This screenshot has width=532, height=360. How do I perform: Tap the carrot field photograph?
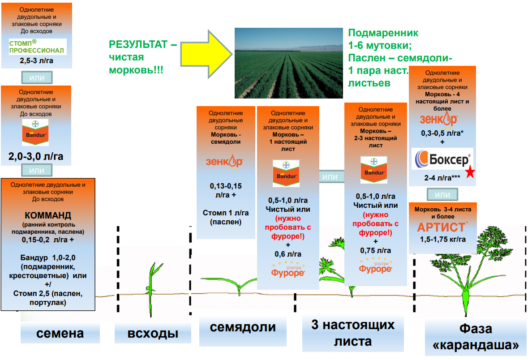(289, 63)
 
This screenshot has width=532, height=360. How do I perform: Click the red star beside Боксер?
(470, 171)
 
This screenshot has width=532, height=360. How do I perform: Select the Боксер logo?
(442, 159)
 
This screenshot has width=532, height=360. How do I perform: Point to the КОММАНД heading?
(48, 215)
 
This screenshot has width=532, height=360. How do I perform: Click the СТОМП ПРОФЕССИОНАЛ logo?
(38, 47)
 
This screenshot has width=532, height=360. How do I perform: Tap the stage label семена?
(60, 333)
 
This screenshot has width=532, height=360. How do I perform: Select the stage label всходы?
(153, 334)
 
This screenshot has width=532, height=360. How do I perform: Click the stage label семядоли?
(243, 327)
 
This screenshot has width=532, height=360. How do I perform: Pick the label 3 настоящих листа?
(353, 333)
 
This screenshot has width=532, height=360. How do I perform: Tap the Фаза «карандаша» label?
(476, 337)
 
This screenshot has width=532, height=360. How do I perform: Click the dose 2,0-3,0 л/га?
(36, 156)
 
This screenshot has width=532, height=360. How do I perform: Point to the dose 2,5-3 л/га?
(36, 61)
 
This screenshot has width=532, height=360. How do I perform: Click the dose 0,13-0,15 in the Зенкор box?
(226, 186)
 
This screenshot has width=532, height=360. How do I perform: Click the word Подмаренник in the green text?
(383, 33)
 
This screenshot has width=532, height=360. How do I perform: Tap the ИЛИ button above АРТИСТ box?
(442, 195)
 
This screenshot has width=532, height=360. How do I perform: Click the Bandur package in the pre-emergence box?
(35, 132)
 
